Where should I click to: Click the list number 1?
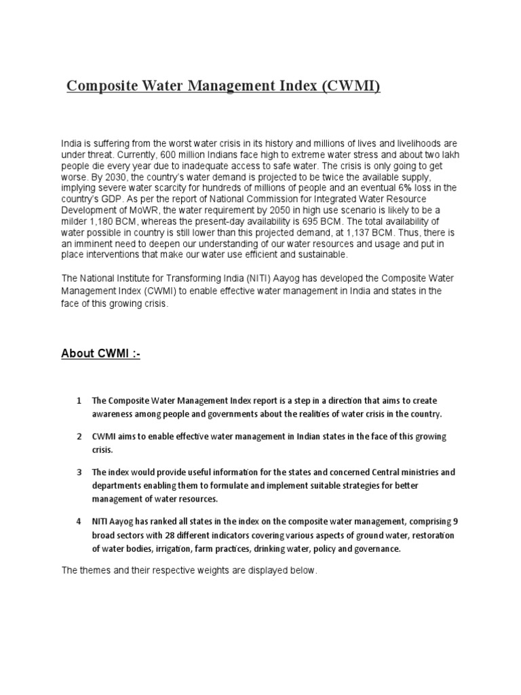(x=79, y=400)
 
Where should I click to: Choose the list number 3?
(x=79, y=472)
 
